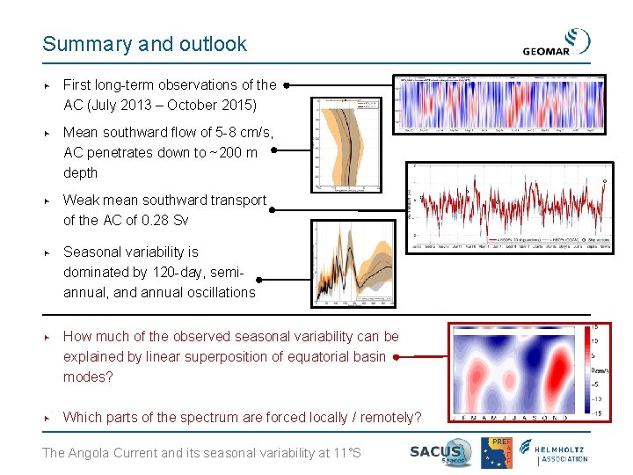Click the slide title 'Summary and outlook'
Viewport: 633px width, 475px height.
click(145, 44)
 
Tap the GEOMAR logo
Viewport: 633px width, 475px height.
click(557, 43)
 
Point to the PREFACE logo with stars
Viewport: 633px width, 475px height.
click(496, 452)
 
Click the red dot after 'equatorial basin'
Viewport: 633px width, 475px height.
click(397, 357)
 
